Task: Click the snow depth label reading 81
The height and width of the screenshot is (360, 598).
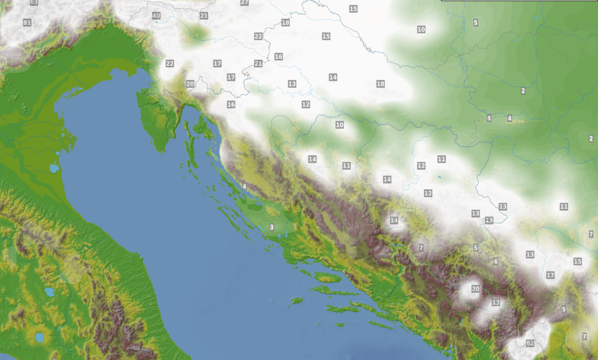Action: point(27,23)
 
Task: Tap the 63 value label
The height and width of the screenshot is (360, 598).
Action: point(34,2)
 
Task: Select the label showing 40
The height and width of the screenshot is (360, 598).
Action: point(156,16)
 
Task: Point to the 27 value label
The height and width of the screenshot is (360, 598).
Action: point(244,2)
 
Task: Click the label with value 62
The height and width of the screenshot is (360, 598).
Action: point(530,343)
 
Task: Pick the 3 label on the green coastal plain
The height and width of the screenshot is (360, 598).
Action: point(272,227)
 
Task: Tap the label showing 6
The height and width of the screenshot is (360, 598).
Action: point(496,261)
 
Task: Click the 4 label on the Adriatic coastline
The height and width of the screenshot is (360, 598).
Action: point(244,186)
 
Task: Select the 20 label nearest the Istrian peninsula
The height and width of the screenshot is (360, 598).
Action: point(190,84)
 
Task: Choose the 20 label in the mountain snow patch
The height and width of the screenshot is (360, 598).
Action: point(475,289)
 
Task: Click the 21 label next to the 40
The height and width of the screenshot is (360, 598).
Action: point(204,16)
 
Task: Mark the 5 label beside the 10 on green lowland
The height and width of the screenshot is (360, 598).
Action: point(475,23)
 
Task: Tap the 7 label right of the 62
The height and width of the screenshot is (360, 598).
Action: point(584,336)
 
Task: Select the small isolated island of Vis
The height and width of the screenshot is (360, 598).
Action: point(296,301)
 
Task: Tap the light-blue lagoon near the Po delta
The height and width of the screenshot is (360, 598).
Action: point(54,169)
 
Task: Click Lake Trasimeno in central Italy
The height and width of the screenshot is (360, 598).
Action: point(49,292)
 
